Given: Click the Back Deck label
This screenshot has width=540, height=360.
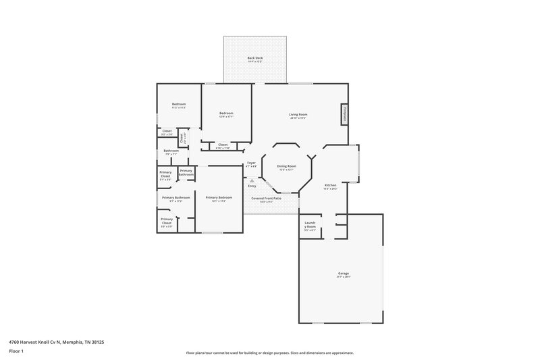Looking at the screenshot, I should click(x=255, y=58).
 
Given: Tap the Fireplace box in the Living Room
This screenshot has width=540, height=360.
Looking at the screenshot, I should click(x=344, y=114).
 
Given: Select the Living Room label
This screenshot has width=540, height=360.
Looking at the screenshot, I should click(x=298, y=114).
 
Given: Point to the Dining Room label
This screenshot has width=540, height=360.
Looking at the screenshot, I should click(x=288, y=166).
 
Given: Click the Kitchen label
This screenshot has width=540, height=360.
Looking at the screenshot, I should click(x=330, y=185).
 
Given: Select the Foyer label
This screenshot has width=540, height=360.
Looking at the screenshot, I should click(x=251, y=163).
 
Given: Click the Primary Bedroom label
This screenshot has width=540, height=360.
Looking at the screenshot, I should click(x=219, y=197).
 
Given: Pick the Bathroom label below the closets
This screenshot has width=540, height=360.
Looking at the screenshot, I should click(x=171, y=151).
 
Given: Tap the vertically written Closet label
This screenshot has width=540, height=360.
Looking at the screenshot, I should click(x=182, y=136).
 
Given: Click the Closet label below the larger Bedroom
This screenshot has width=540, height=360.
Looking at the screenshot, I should click(x=223, y=145).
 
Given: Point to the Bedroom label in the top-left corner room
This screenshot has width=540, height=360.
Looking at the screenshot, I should click(x=178, y=104).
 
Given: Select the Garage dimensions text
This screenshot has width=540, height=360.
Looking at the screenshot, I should click(x=344, y=278).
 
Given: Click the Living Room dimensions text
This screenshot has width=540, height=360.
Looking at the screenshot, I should click(x=298, y=118).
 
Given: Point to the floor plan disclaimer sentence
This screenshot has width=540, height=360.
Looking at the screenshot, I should click(x=270, y=353).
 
